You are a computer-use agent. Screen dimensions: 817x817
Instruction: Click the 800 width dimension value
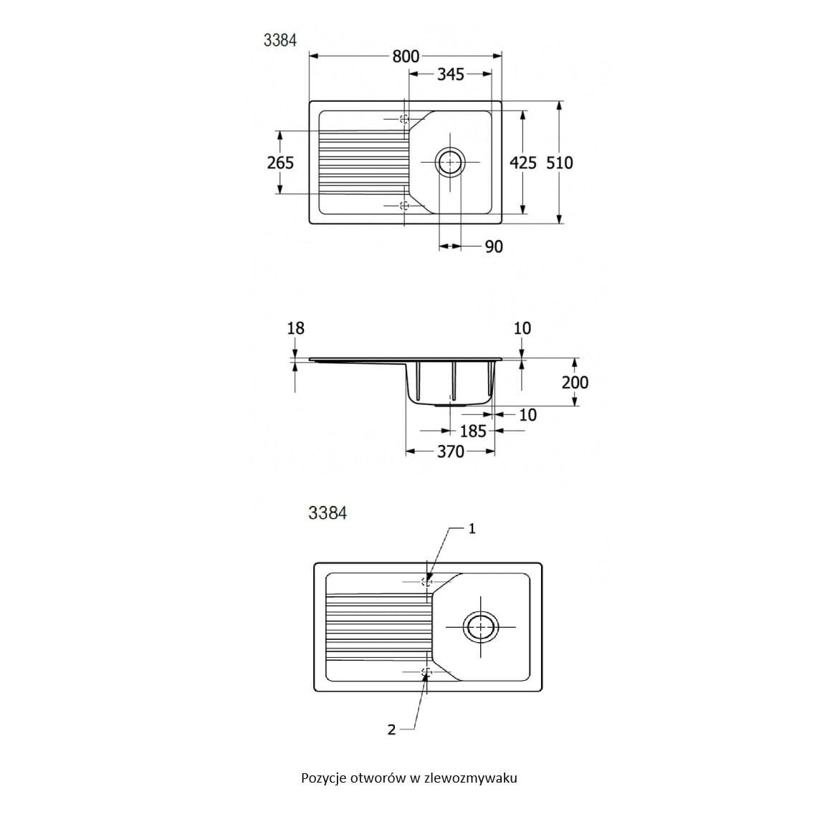(x=406, y=57)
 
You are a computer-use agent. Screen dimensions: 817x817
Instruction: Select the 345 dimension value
(x=451, y=74)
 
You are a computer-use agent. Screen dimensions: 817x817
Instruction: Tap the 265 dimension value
(x=280, y=163)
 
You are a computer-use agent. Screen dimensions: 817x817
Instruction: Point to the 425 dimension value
(x=523, y=163)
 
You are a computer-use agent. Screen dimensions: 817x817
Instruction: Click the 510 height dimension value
(x=560, y=163)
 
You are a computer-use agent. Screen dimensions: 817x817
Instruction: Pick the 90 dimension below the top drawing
(x=494, y=247)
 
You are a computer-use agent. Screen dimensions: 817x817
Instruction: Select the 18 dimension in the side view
(x=295, y=328)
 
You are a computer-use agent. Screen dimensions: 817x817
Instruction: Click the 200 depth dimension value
(x=575, y=382)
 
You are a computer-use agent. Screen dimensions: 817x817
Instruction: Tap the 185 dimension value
(x=473, y=431)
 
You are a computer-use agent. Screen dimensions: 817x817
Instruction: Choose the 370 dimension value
(x=450, y=451)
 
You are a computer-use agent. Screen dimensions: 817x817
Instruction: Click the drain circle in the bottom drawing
(x=479, y=626)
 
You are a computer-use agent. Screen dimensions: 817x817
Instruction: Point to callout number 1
(x=472, y=529)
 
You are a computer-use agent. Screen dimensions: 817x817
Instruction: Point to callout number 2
(x=391, y=730)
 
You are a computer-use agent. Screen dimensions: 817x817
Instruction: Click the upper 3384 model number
(x=280, y=40)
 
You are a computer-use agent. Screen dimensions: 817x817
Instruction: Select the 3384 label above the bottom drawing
(x=328, y=513)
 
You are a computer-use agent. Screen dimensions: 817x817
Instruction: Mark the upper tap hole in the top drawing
(x=404, y=119)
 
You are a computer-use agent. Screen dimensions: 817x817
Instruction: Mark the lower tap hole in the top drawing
(x=404, y=206)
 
